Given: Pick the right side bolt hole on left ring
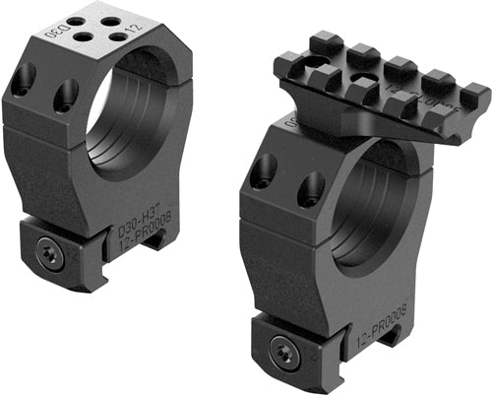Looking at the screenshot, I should pyautogui.click(x=66, y=95).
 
